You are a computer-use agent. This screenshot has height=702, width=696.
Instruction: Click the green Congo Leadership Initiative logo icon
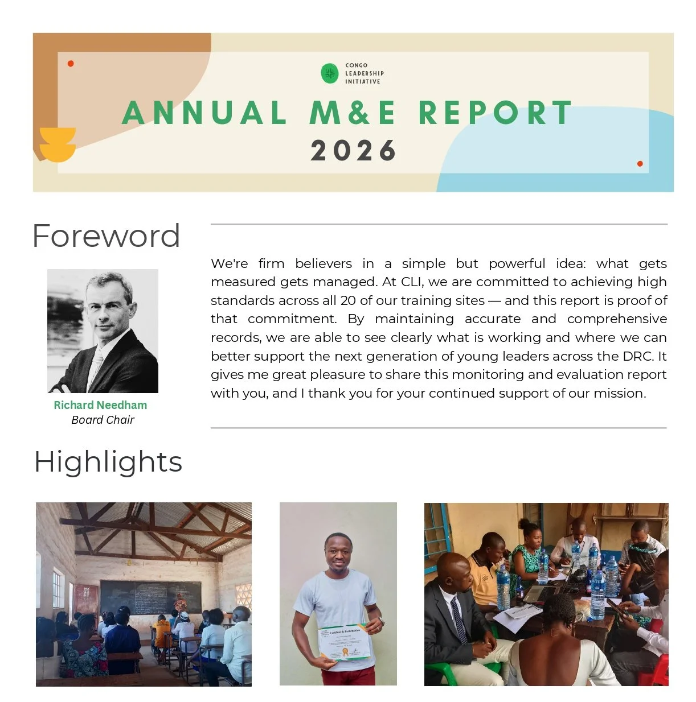[330, 73]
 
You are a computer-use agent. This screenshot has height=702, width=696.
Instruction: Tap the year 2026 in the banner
[353, 151]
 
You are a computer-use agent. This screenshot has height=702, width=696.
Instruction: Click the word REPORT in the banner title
[495, 113]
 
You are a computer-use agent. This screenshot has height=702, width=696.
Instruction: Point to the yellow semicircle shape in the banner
[58, 145]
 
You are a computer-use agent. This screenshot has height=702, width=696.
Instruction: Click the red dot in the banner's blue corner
[640, 164]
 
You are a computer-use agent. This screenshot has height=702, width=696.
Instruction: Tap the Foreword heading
[106, 236]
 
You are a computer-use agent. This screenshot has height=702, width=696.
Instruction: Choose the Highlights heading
[108, 461]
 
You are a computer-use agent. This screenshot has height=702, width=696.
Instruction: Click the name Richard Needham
[100, 405]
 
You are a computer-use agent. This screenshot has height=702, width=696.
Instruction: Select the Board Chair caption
[103, 420]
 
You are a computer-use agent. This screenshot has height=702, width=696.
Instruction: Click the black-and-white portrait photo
[103, 331]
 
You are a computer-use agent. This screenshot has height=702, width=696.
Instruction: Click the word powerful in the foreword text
[517, 263]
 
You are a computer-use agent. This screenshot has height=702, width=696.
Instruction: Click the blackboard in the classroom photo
[150, 597]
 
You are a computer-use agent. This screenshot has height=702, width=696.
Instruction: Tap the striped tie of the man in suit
[459, 620]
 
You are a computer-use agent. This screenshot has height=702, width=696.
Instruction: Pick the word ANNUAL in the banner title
[204, 113]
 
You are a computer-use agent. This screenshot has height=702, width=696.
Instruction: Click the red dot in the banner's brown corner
[71, 64]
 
